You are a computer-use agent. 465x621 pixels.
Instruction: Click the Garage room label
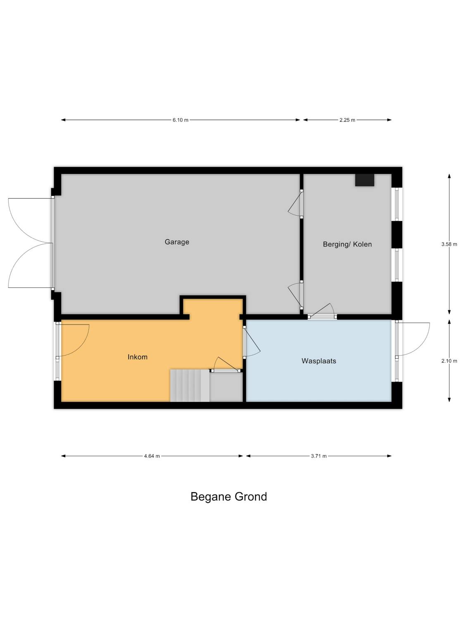tap(177, 242)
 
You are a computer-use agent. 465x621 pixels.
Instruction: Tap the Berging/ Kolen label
tap(347, 244)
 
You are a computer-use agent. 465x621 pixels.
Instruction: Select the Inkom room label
tap(138, 357)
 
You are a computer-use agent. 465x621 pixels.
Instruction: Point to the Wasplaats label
tap(318, 361)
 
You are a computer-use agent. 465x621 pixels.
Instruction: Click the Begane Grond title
tap(229, 496)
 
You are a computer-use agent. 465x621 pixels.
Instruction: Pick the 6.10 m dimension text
tap(180, 120)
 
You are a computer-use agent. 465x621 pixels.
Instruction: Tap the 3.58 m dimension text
tap(449, 244)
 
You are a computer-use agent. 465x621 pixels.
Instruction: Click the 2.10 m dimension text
tap(449, 361)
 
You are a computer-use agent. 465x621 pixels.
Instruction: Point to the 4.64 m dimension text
tap(152, 456)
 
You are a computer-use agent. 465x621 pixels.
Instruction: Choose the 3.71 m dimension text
tap(319, 456)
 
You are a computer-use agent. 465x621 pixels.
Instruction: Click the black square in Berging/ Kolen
tap(365, 180)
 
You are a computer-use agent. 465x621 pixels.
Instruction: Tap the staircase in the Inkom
tap(190, 385)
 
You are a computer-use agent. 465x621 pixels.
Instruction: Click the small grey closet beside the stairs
tap(226, 387)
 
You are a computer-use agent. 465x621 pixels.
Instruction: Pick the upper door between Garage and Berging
tap(295, 204)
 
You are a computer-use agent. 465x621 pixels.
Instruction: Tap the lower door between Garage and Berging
tap(295, 295)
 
